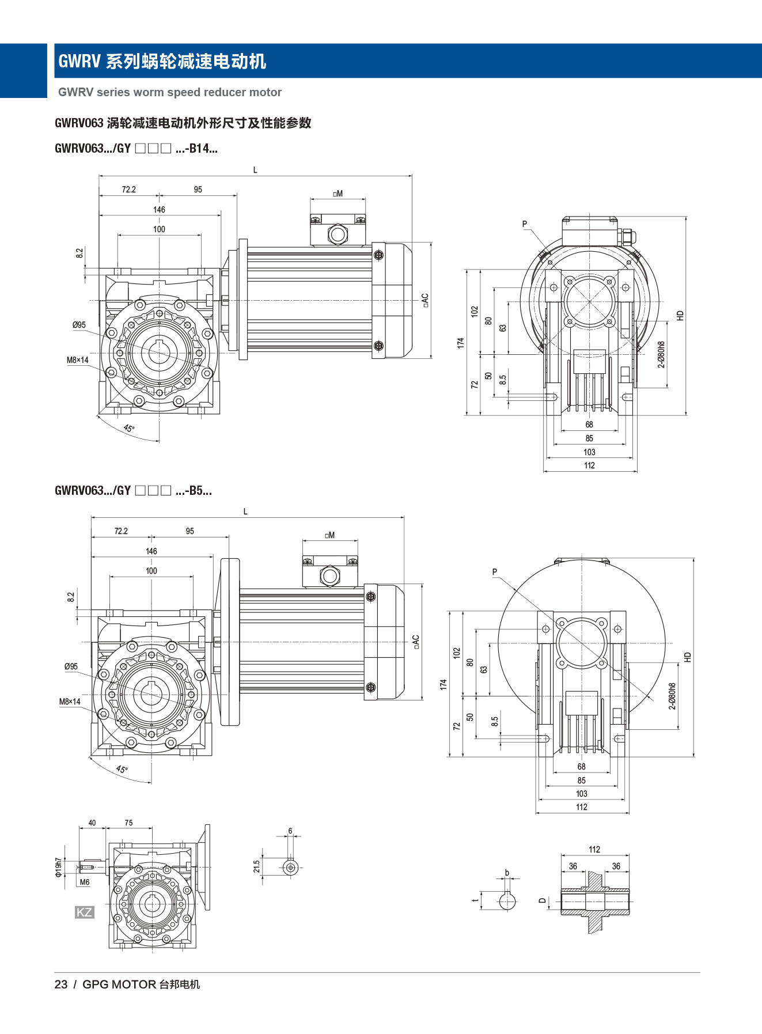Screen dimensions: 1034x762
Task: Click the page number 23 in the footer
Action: click(x=61, y=984)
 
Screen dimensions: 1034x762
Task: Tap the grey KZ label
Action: click(x=84, y=912)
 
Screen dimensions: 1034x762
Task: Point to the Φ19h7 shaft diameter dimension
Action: click(x=58, y=868)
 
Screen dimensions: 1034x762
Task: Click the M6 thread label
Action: click(x=85, y=882)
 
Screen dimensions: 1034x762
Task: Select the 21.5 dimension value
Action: click(x=257, y=866)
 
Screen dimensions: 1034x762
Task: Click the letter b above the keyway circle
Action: click(x=507, y=873)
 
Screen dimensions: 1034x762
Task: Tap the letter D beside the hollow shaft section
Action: click(x=542, y=901)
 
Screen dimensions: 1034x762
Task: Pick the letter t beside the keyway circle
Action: click(x=475, y=900)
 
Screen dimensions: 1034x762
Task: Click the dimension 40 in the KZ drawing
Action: click(x=92, y=823)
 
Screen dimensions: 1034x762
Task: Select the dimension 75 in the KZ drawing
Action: click(x=128, y=823)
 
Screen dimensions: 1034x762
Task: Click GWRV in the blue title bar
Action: click(x=79, y=61)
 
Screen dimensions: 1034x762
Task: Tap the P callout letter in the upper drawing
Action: click(x=525, y=224)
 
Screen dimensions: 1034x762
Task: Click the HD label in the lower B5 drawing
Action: click(x=687, y=657)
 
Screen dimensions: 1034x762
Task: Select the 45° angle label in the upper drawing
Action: click(x=128, y=428)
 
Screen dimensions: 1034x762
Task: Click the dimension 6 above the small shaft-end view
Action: click(x=290, y=831)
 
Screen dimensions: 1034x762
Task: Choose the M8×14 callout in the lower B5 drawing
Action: click(x=70, y=702)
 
